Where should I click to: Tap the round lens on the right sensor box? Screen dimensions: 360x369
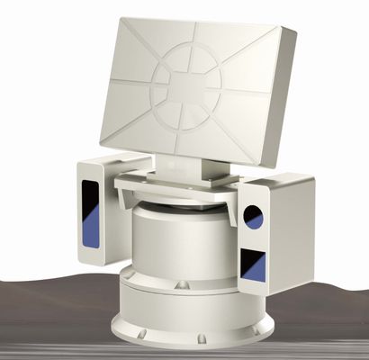coord(254,217)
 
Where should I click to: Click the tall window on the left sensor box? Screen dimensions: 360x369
coord(91,213)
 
